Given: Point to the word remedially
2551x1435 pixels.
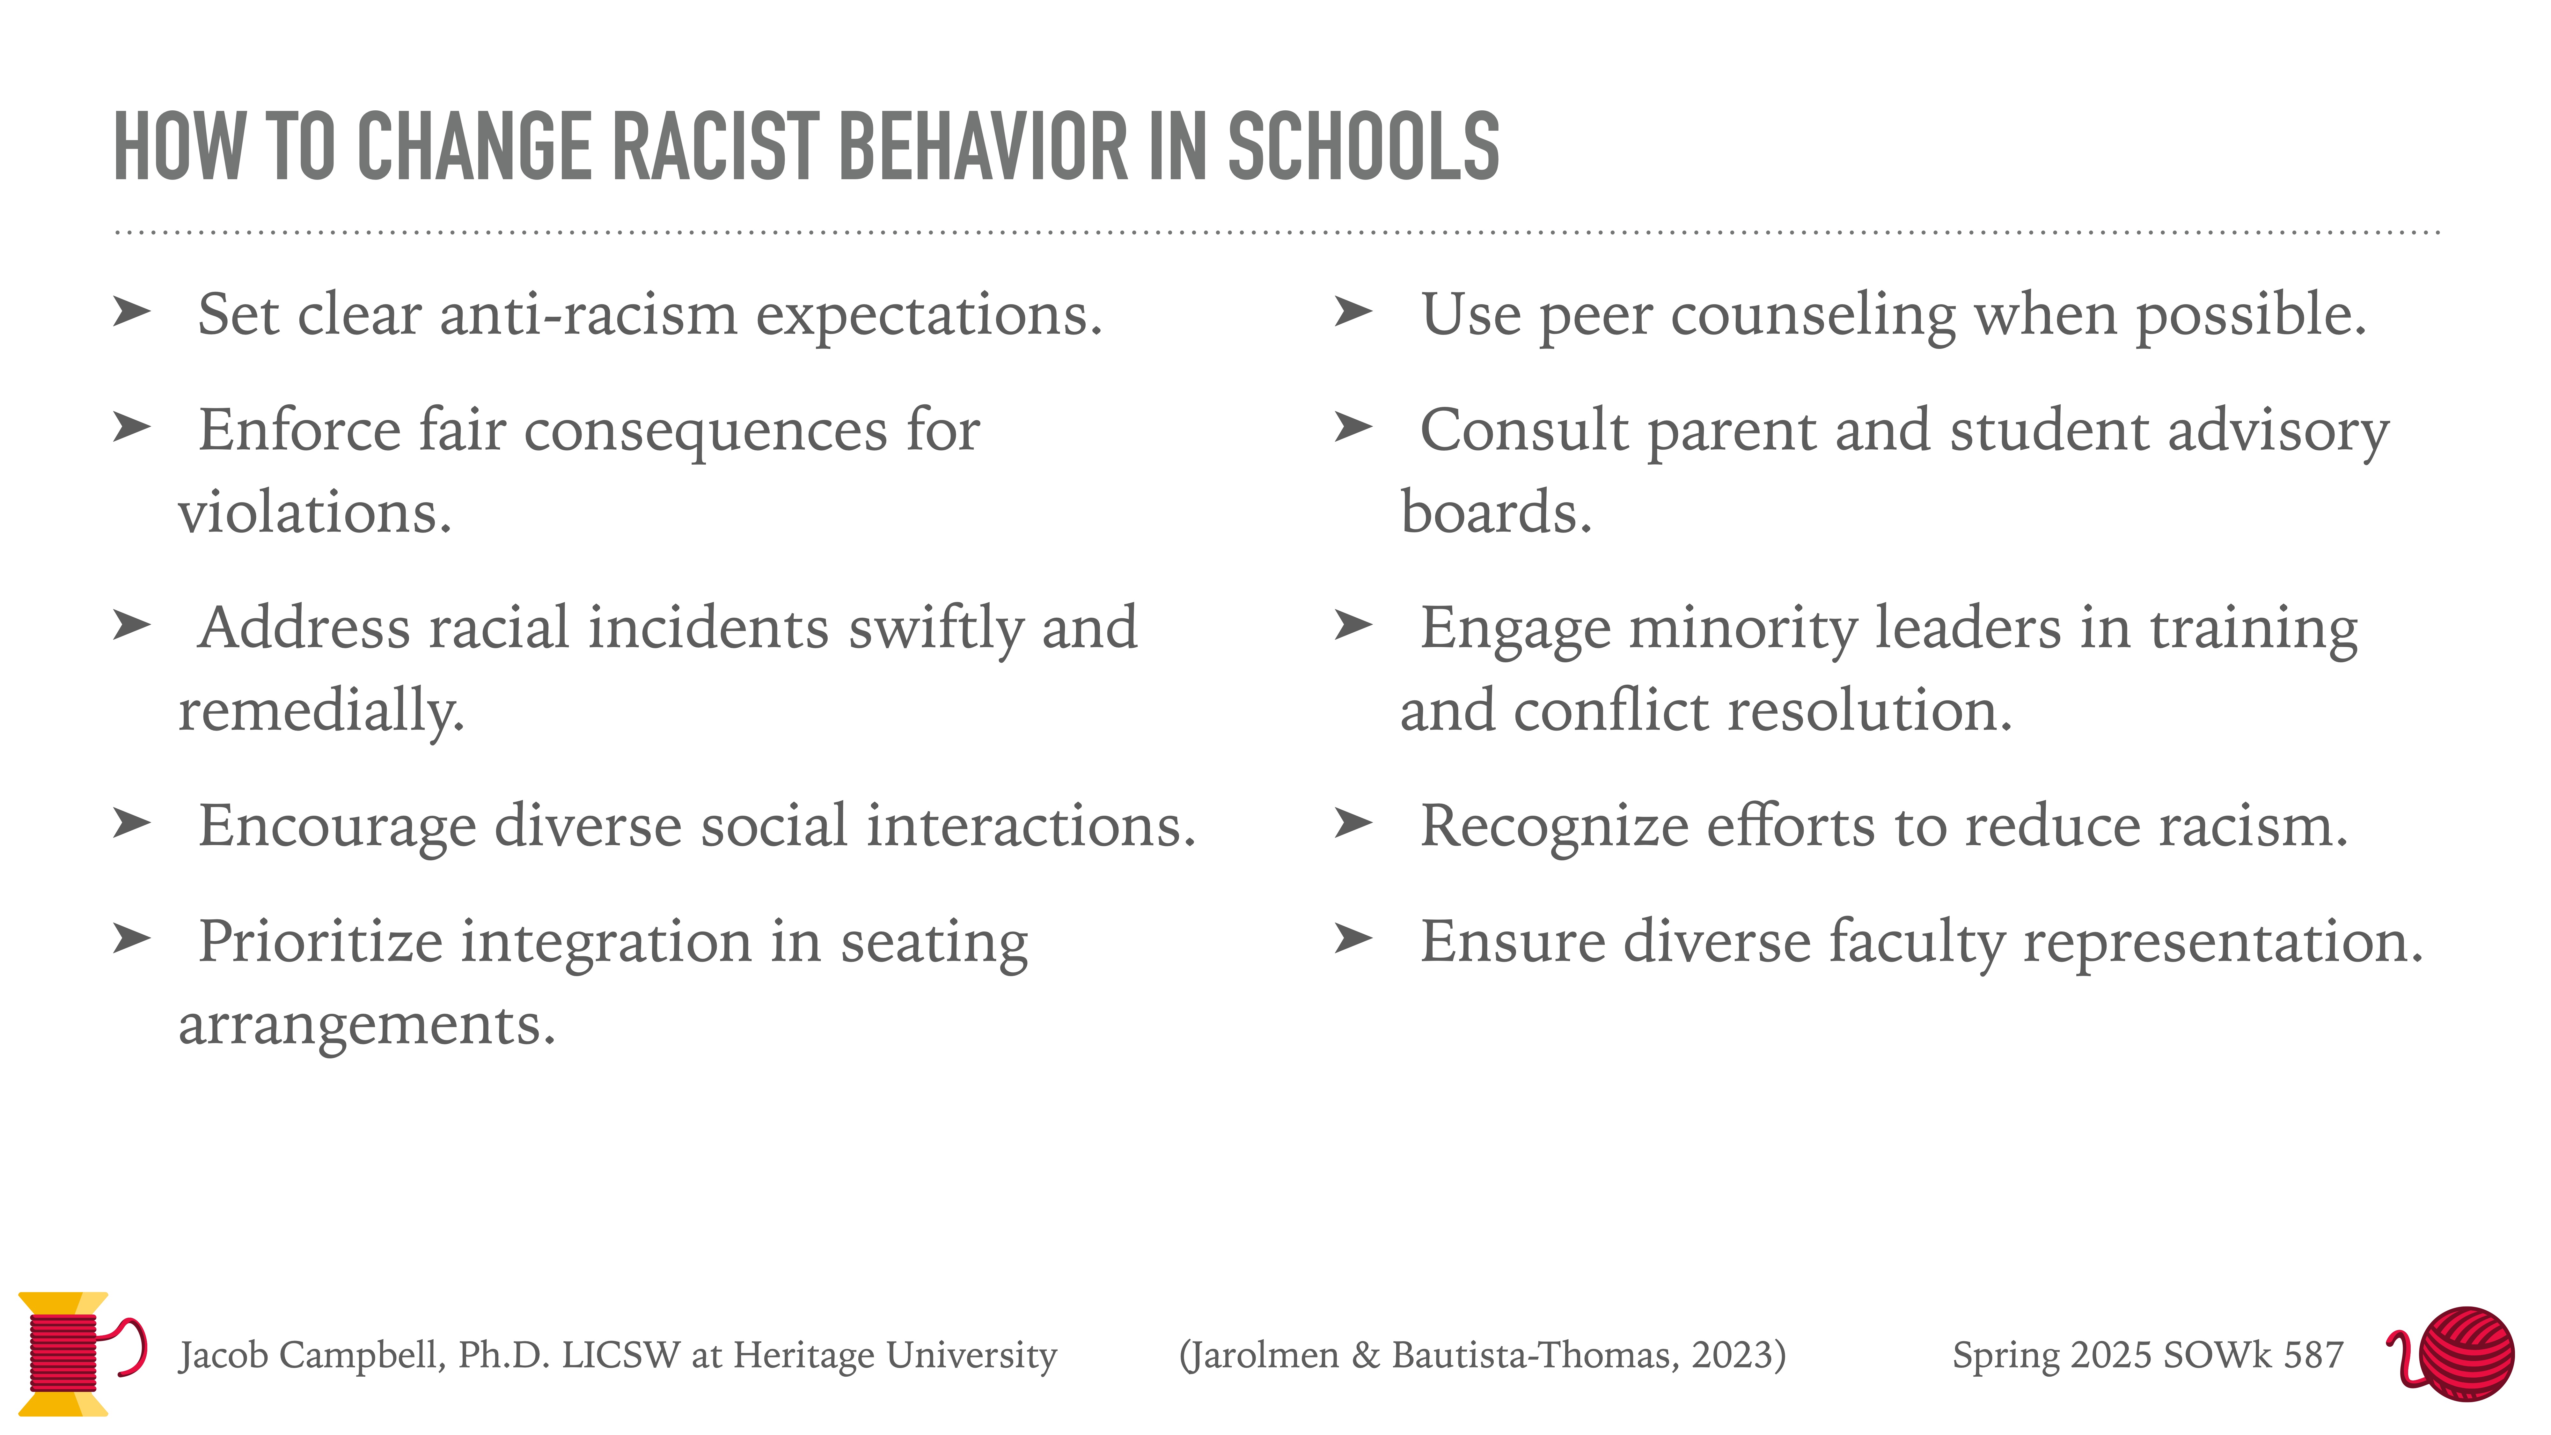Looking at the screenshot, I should [x=321, y=711].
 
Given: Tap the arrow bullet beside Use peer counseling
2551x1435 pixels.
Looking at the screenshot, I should [x=1353, y=311].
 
